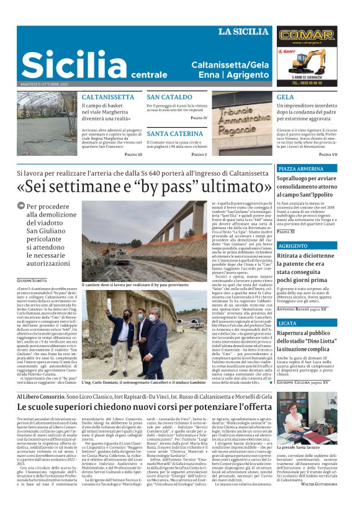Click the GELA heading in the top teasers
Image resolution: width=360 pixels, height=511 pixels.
286,97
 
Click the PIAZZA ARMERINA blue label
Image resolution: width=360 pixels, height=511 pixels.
301,169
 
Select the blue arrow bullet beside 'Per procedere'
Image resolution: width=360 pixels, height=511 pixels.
22,206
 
